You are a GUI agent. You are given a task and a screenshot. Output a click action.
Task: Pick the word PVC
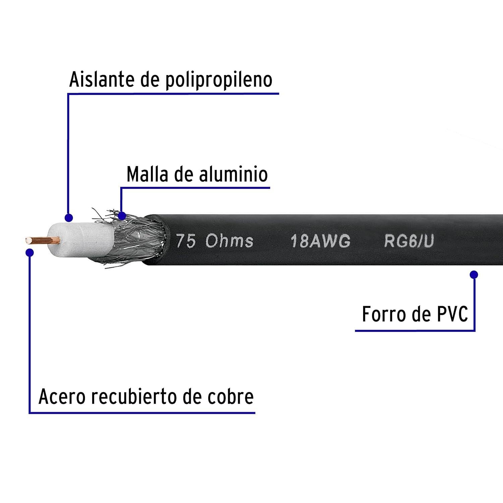pyautogui.click(x=452, y=314)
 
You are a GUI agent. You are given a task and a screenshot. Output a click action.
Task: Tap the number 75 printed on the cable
pyautogui.click(x=186, y=241)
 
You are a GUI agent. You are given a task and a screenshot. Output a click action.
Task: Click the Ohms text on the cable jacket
pyautogui.click(x=229, y=241)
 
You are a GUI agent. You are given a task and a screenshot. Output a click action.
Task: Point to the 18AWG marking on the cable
pyautogui.click(x=321, y=241)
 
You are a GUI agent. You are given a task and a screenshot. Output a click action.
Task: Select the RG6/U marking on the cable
pyautogui.click(x=409, y=241)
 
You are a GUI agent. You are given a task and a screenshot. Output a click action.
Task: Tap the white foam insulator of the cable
pyautogui.click(x=80, y=240)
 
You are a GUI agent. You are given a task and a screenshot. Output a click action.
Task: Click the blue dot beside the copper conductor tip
pyautogui.click(x=30, y=253)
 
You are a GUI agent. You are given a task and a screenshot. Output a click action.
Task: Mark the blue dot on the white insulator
pyautogui.click(x=69, y=218)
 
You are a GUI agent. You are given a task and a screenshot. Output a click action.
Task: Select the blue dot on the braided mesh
pyautogui.click(x=122, y=216)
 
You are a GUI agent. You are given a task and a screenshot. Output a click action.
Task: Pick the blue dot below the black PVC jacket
pyautogui.click(x=474, y=275)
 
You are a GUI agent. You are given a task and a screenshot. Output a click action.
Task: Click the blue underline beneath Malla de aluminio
pyautogui.click(x=195, y=188)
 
